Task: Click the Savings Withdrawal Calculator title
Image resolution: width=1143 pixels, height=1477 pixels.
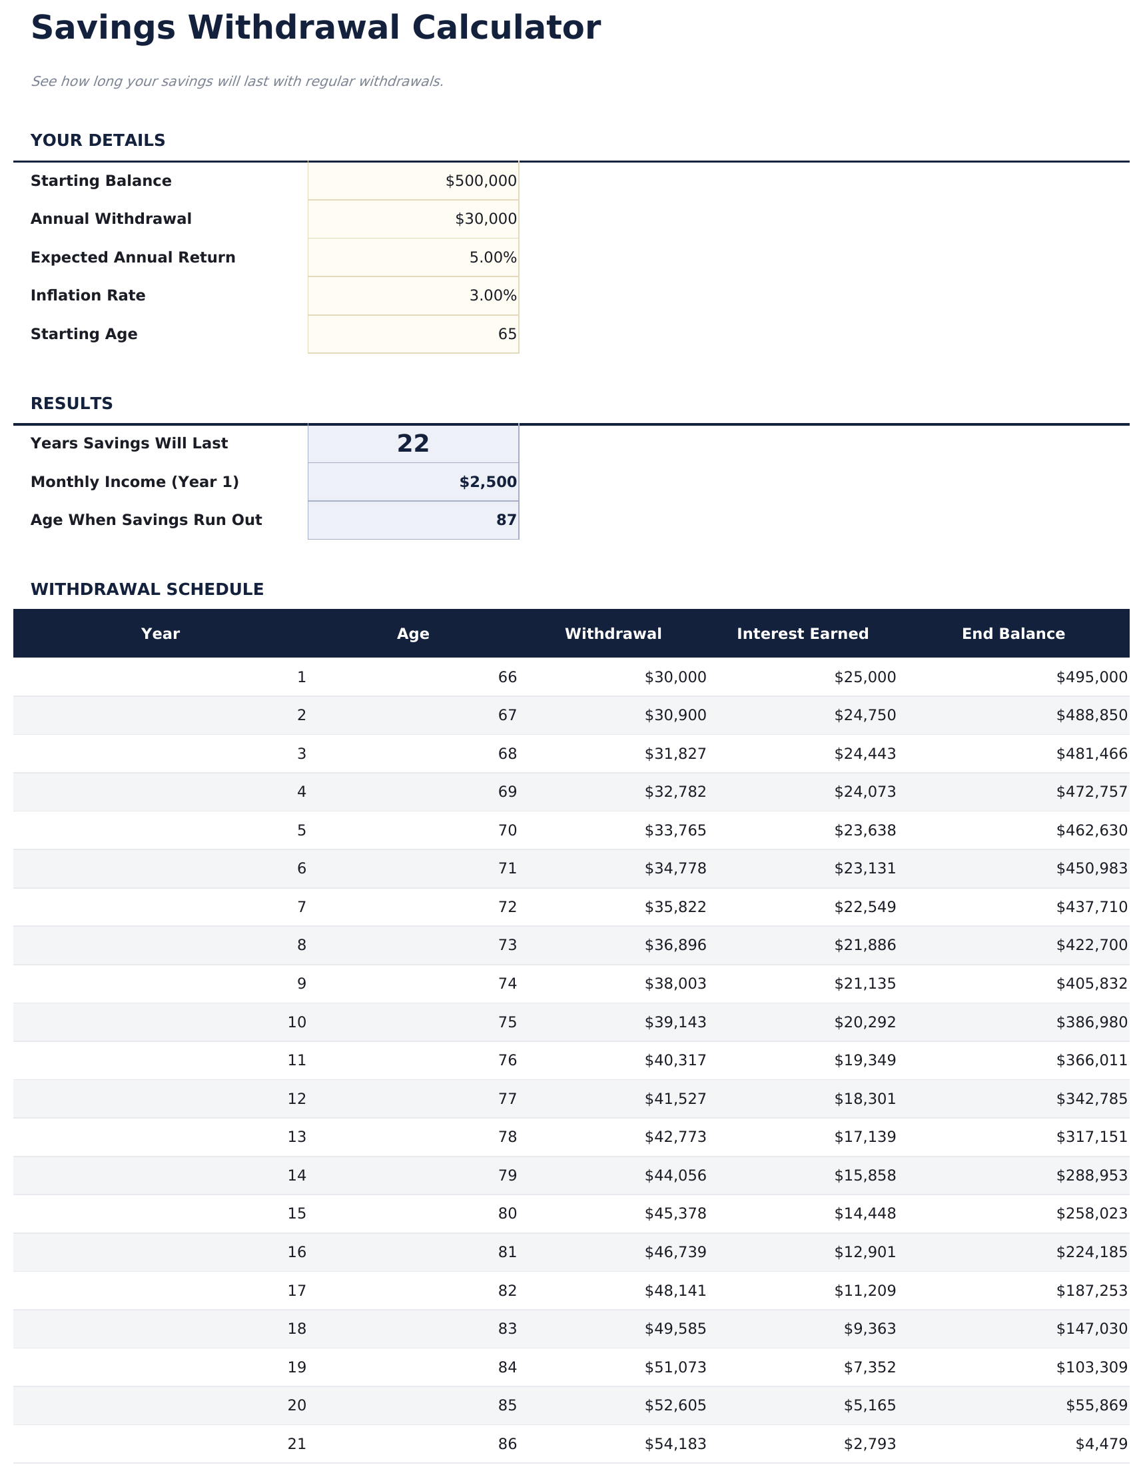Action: coord(315,29)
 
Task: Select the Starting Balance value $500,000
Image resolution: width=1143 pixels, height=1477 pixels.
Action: coord(480,181)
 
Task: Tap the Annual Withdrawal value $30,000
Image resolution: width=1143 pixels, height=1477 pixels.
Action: coord(485,219)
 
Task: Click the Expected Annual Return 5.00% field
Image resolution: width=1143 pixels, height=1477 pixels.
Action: coord(492,258)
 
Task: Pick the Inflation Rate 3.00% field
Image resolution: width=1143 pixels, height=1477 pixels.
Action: coord(492,296)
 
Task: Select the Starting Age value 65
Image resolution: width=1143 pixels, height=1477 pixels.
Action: coord(507,334)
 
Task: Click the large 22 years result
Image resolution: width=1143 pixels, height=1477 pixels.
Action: coord(412,444)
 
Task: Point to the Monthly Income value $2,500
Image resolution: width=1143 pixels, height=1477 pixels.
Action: coord(487,482)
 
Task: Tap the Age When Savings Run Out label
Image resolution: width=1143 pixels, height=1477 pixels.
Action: coord(146,520)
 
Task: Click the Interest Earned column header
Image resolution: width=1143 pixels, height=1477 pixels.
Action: coord(802,634)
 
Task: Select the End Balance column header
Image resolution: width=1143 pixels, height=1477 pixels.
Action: coord(1012,634)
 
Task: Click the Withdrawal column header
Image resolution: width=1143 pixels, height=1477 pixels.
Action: coord(613,634)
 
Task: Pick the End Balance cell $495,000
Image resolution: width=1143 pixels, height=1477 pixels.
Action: coord(1091,677)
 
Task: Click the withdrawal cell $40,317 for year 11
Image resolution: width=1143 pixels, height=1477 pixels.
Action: coord(675,1060)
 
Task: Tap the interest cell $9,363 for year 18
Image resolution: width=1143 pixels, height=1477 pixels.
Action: coord(869,1329)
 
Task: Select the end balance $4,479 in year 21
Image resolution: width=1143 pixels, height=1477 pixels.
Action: coord(1101,1444)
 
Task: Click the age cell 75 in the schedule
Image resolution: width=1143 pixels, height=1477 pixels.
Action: coord(507,1022)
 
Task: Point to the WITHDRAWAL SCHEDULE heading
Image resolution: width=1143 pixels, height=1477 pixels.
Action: coord(147,590)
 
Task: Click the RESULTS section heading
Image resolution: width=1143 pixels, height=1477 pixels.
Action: coord(72,404)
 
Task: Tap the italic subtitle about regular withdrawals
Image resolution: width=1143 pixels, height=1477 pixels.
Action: coord(236,82)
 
